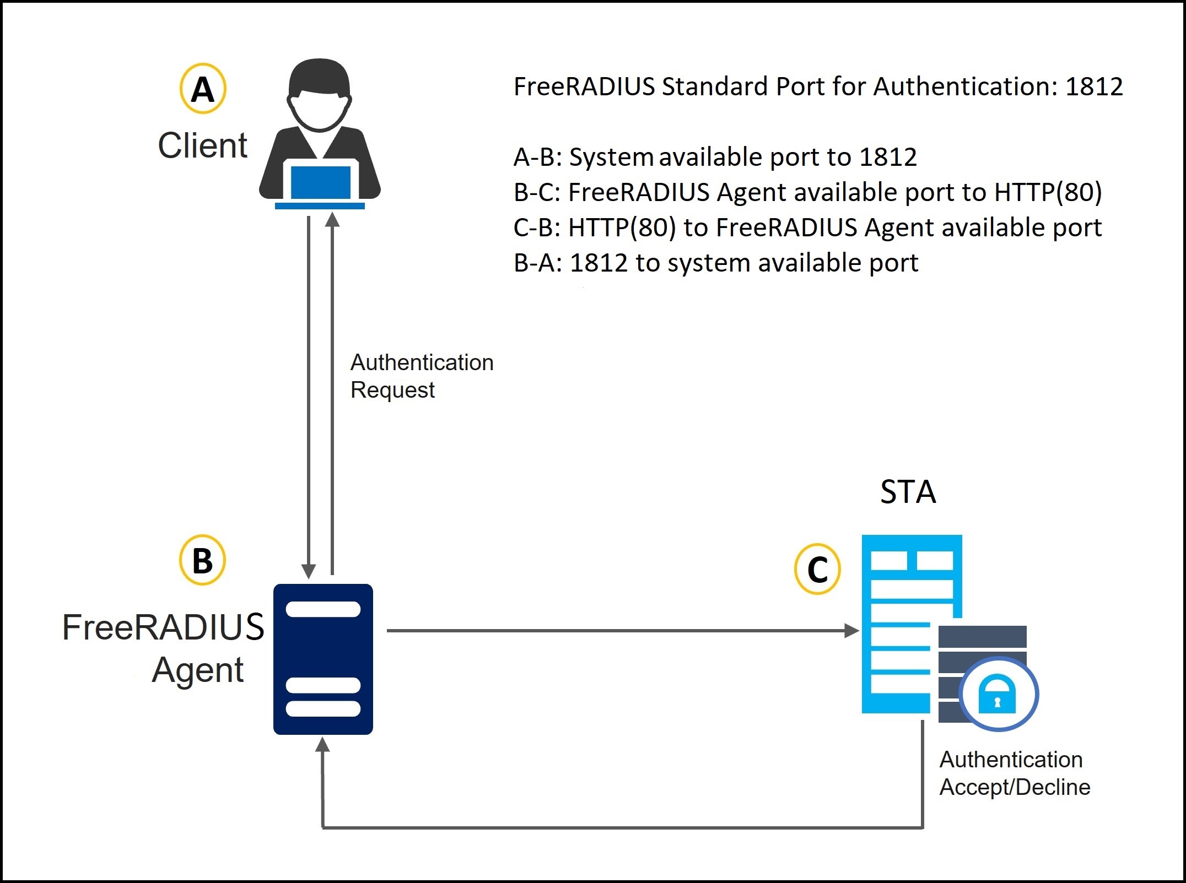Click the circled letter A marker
tap(203, 89)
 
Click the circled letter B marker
tap(202, 560)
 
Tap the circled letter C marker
tap(817, 570)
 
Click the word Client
tap(202, 145)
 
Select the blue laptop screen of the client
tap(320, 182)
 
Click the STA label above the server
tap(908, 492)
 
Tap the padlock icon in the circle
tap(997, 694)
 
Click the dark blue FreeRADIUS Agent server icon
tap(323, 659)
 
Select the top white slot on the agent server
tap(323, 609)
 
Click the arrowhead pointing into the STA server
tap(852, 631)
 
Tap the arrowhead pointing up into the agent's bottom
tap(322, 745)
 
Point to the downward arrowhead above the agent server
tap(309, 571)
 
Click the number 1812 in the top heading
tap(1094, 86)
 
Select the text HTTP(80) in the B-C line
tap(1048, 192)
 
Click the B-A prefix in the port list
tap(537, 263)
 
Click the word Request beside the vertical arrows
tap(392, 390)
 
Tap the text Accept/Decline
tap(1015, 787)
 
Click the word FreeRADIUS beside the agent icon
tap(163, 627)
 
